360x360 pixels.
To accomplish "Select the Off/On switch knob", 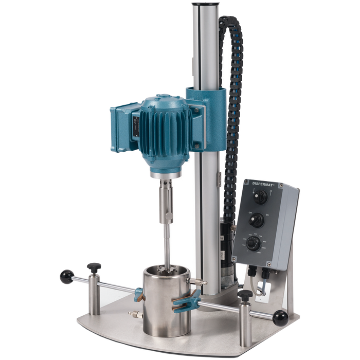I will [256, 220].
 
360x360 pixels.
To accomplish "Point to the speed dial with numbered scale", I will [253, 243].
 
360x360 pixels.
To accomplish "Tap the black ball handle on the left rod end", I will [66, 277].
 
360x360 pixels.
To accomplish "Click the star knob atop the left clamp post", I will [94, 266].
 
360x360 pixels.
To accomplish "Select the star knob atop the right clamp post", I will [245, 295].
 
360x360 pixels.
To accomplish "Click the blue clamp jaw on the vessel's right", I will [188, 301].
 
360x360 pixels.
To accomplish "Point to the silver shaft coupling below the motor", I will [167, 199].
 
